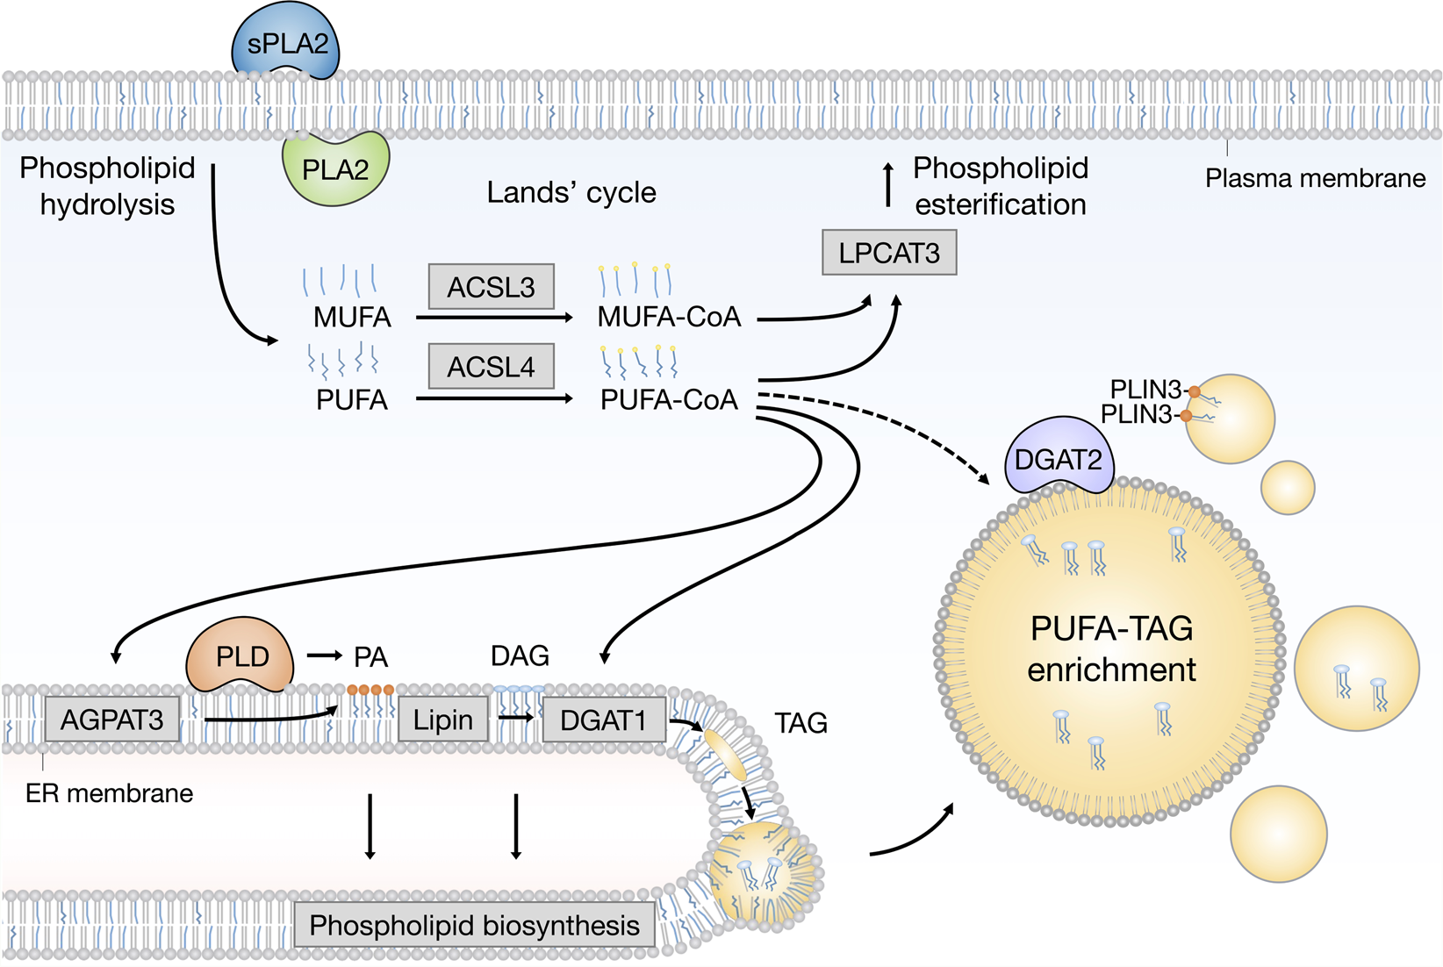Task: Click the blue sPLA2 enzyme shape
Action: click(286, 42)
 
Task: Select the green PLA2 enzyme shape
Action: click(335, 168)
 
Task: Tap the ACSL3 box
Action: click(492, 287)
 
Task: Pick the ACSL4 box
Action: click(492, 367)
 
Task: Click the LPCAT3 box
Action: click(889, 253)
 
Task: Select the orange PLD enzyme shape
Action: click(241, 656)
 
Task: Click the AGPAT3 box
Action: click(112, 720)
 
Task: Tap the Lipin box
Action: click(443, 720)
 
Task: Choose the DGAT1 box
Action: click(604, 720)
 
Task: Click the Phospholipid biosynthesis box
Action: click(475, 925)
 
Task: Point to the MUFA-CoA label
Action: click(669, 317)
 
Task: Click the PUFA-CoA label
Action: click(669, 400)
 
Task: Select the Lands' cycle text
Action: click(571, 193)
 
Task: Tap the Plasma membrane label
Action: click(1315, 178)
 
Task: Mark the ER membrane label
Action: click(109, 793)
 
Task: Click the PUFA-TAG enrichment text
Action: click(1111, 649)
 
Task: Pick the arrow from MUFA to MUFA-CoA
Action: click(494, 318)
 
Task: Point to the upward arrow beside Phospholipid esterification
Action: click(888, 184)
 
